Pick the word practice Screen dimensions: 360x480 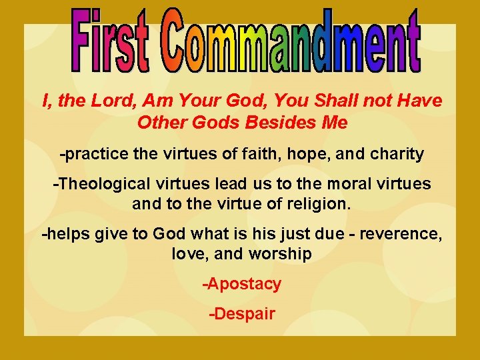(94, 155)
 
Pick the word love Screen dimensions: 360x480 (188, 255)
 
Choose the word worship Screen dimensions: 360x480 (280, 255)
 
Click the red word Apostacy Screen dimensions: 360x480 (242, 284)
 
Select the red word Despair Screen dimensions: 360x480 (242, 314)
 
